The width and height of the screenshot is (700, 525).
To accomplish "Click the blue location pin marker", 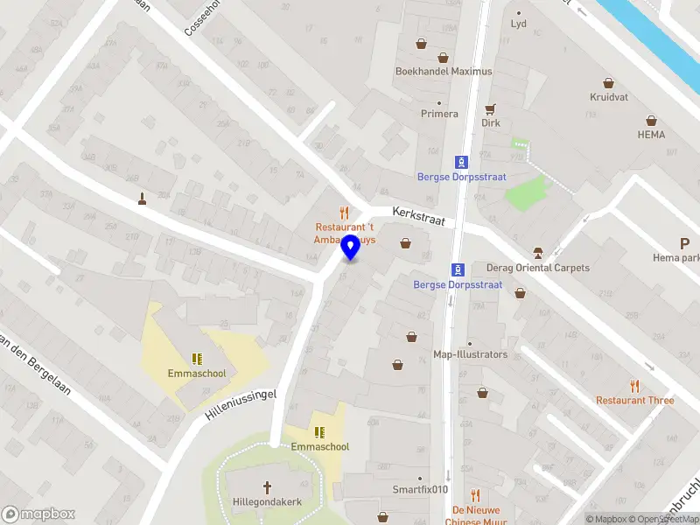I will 351,248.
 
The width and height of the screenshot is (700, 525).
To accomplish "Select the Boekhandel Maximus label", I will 444,72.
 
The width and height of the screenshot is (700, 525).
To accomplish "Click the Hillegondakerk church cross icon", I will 268,486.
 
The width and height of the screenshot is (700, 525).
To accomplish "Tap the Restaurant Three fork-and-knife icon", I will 635,385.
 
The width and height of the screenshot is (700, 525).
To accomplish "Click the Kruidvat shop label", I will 610,98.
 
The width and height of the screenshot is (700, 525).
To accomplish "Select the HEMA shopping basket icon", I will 651,121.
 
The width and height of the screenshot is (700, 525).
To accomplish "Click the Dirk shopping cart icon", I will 490,109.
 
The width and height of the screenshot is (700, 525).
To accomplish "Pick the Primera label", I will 439,114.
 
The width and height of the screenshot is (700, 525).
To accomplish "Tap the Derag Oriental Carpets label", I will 536,268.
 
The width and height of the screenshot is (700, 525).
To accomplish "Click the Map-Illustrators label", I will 470,354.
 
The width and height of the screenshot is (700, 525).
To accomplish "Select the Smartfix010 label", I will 420,490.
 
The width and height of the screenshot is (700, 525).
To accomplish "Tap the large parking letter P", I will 685,244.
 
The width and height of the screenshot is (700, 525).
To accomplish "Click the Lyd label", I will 519,24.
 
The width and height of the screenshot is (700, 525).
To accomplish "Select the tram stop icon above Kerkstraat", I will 460,162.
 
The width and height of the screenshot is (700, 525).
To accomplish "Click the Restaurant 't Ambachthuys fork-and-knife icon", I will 344,213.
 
